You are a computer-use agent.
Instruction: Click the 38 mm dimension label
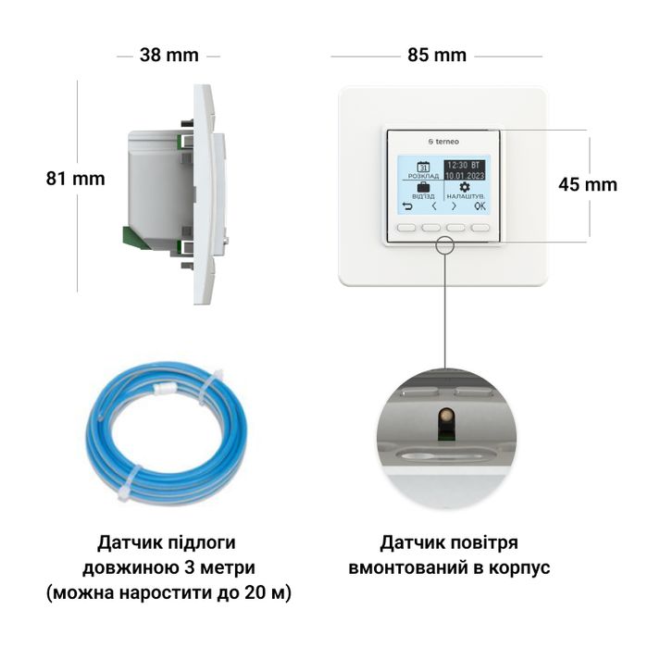pyautogui.click(x=169, y=55)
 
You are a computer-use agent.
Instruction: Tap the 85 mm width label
pyautogui.click(x=437, y=55)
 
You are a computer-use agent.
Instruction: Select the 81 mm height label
pyautogui.click(x=75, y=179)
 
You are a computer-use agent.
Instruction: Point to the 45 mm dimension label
pyautogui.click(x=588, y=184)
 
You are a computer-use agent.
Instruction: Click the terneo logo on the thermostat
pyautogui.click(x=443, y=142)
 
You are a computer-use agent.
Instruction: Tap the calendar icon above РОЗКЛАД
pyautogui.click(x=423, y=167)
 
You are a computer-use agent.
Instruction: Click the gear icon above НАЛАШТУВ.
pyautogui.click(x=465, y=187)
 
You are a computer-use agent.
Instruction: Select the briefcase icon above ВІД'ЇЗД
pyautogui.click(x=423, y=187)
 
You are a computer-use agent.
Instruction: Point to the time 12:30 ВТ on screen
pyautogui.click(x=464, y=166)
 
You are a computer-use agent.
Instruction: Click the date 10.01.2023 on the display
pyautogui.click(x=465, y=176)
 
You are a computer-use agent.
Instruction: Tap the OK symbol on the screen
pyautogui.click(x=480, y=206)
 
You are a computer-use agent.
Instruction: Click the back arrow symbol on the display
pyautogui.click(x=407, y=206)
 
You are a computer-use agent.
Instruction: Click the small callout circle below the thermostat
pyautogui.click(x=445, y=245)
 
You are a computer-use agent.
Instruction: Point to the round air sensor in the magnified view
pyautogui.click(x=445, y=415)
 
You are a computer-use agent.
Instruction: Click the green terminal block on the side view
pyautogui.click(x=133, y=239)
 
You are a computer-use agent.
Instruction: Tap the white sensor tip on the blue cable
pyautogui.click(x=165, y=388)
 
